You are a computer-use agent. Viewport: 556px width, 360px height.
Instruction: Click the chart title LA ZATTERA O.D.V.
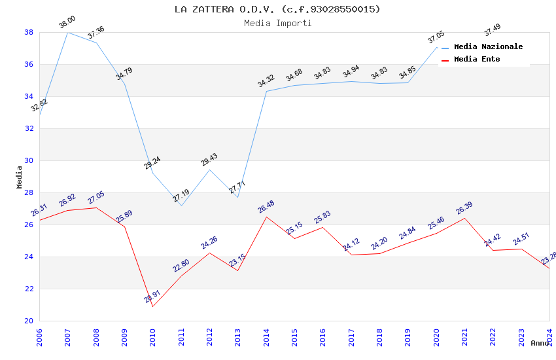(x=277, y=9)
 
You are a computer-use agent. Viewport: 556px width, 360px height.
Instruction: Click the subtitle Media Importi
(x=277, y=23)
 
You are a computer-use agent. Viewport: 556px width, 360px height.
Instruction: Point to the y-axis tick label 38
(x=29, y=32)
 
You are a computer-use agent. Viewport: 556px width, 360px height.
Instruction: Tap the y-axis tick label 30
(x=29, y=160)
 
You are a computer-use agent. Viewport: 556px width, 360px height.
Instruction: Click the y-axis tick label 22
(x=29, y=289)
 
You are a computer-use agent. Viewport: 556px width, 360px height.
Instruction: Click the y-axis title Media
(x=19, y=177)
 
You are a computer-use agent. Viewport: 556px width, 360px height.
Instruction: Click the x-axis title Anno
(x=540, y=343)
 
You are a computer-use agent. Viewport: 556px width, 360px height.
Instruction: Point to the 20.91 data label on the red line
(x=152, y=297)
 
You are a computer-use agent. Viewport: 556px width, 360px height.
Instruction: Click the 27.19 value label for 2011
(x=181, y=195)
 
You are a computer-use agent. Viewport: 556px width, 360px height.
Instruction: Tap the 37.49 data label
(x=493, y=29)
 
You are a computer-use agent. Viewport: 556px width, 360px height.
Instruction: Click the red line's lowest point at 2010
(x=152, y=306)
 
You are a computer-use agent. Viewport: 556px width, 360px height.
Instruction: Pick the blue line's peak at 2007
(x=67, y=32)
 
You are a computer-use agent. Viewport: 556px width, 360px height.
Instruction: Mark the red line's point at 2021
(x=464, y=218)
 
